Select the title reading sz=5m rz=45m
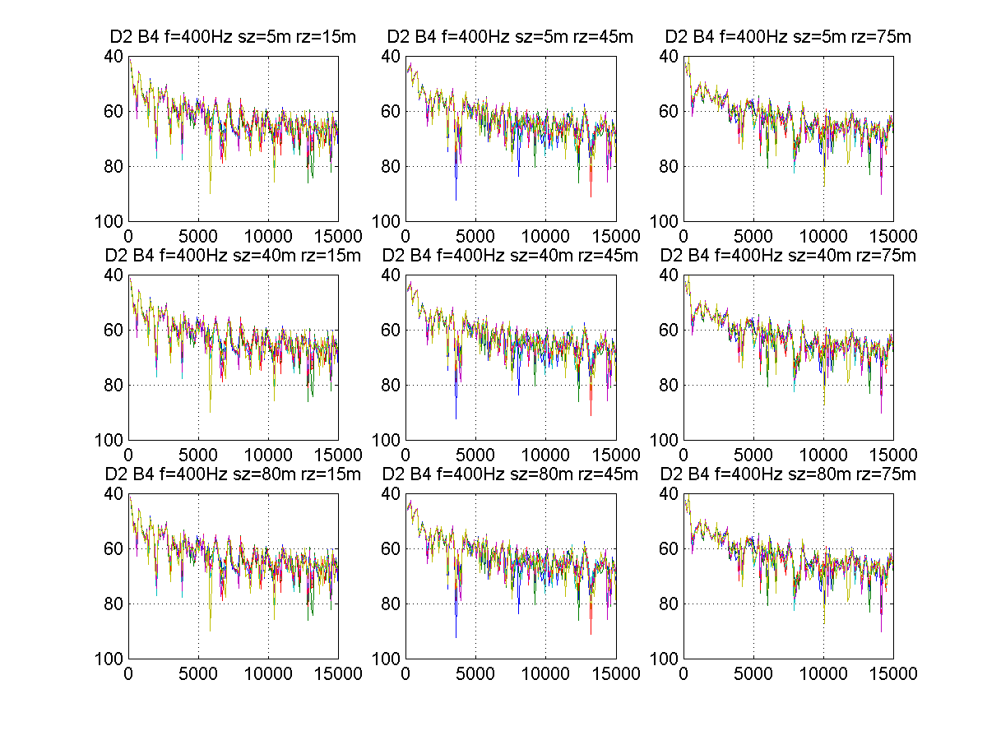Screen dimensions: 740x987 pos(511,37)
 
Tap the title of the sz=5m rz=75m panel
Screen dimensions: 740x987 pos(788,37)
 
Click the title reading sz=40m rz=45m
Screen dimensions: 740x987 pos(511,256)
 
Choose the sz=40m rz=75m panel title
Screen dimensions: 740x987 pos(788,256)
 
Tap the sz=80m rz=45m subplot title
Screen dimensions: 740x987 pos(511,474)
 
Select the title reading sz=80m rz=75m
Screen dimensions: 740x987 pos(788,474)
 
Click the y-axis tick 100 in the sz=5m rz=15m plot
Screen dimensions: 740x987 pos(112,222)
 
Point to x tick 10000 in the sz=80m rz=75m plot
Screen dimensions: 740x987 pos(822,673)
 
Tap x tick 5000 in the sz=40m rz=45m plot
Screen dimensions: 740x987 pos(475,454)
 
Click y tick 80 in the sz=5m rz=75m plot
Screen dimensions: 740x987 pos(670,167)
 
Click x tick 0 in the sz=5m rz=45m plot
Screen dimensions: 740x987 pos(405,235)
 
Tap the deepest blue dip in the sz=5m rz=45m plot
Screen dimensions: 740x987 pos(456,199)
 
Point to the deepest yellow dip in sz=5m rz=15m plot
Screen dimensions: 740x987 pos(210,192)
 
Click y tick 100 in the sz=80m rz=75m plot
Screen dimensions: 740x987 pos(666,659)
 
